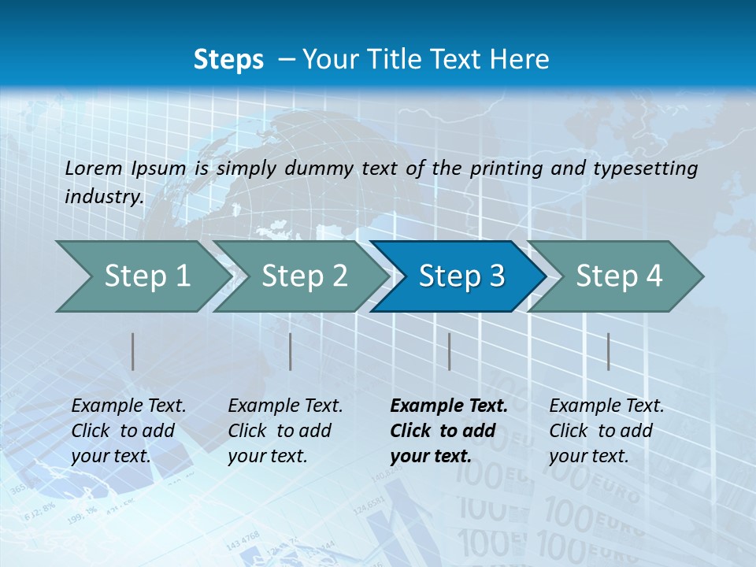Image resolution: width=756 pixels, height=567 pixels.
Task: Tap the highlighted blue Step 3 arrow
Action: click(x=461, y=276)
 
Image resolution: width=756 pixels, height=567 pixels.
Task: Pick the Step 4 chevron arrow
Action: click(x=619, y=276)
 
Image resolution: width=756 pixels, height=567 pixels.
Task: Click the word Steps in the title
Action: click(x=228, y=59)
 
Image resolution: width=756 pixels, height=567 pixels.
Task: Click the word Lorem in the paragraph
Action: click(x=94, y=168)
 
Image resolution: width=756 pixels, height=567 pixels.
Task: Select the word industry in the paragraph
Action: click(x=103, y=197)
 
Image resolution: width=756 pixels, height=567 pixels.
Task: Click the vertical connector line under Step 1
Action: click(x=133, y=351)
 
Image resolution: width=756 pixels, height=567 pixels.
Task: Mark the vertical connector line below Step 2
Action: click(x=291, y=351)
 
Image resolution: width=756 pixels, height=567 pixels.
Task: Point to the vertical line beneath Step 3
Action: click(x=449, y=351)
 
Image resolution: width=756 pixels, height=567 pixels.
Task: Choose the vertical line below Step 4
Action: click(x=608, y=351)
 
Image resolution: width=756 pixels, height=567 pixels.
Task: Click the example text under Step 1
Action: click(x=128, y=431)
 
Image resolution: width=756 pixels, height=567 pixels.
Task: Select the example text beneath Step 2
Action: click(x=285, y=431)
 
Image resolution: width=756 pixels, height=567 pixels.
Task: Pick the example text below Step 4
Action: click(x=606, y=431)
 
